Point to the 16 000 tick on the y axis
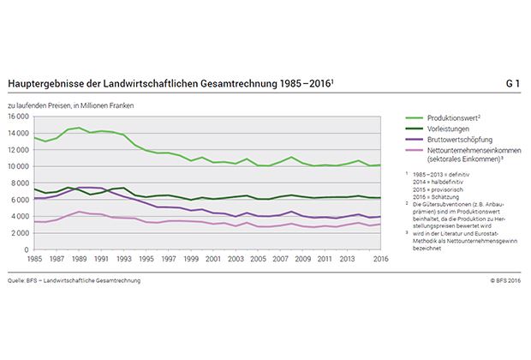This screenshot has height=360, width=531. point(19,116)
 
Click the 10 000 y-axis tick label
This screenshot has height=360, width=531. point(19,166)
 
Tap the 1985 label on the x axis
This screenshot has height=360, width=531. point(34,259)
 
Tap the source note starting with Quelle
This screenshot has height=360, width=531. point(74,280)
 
